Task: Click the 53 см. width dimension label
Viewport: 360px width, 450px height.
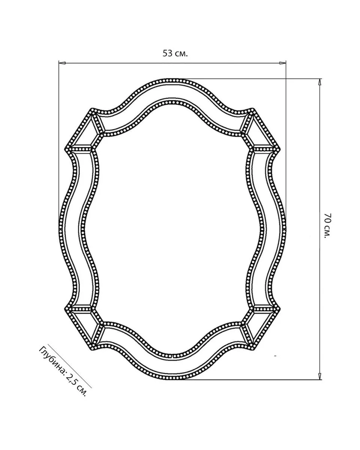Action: tap(175, 54)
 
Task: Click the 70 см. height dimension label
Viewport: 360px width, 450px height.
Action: tap(328, 225)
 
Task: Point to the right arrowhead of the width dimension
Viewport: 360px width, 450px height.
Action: tap(283, 63)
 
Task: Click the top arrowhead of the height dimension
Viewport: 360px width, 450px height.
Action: tap(319, 82)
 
